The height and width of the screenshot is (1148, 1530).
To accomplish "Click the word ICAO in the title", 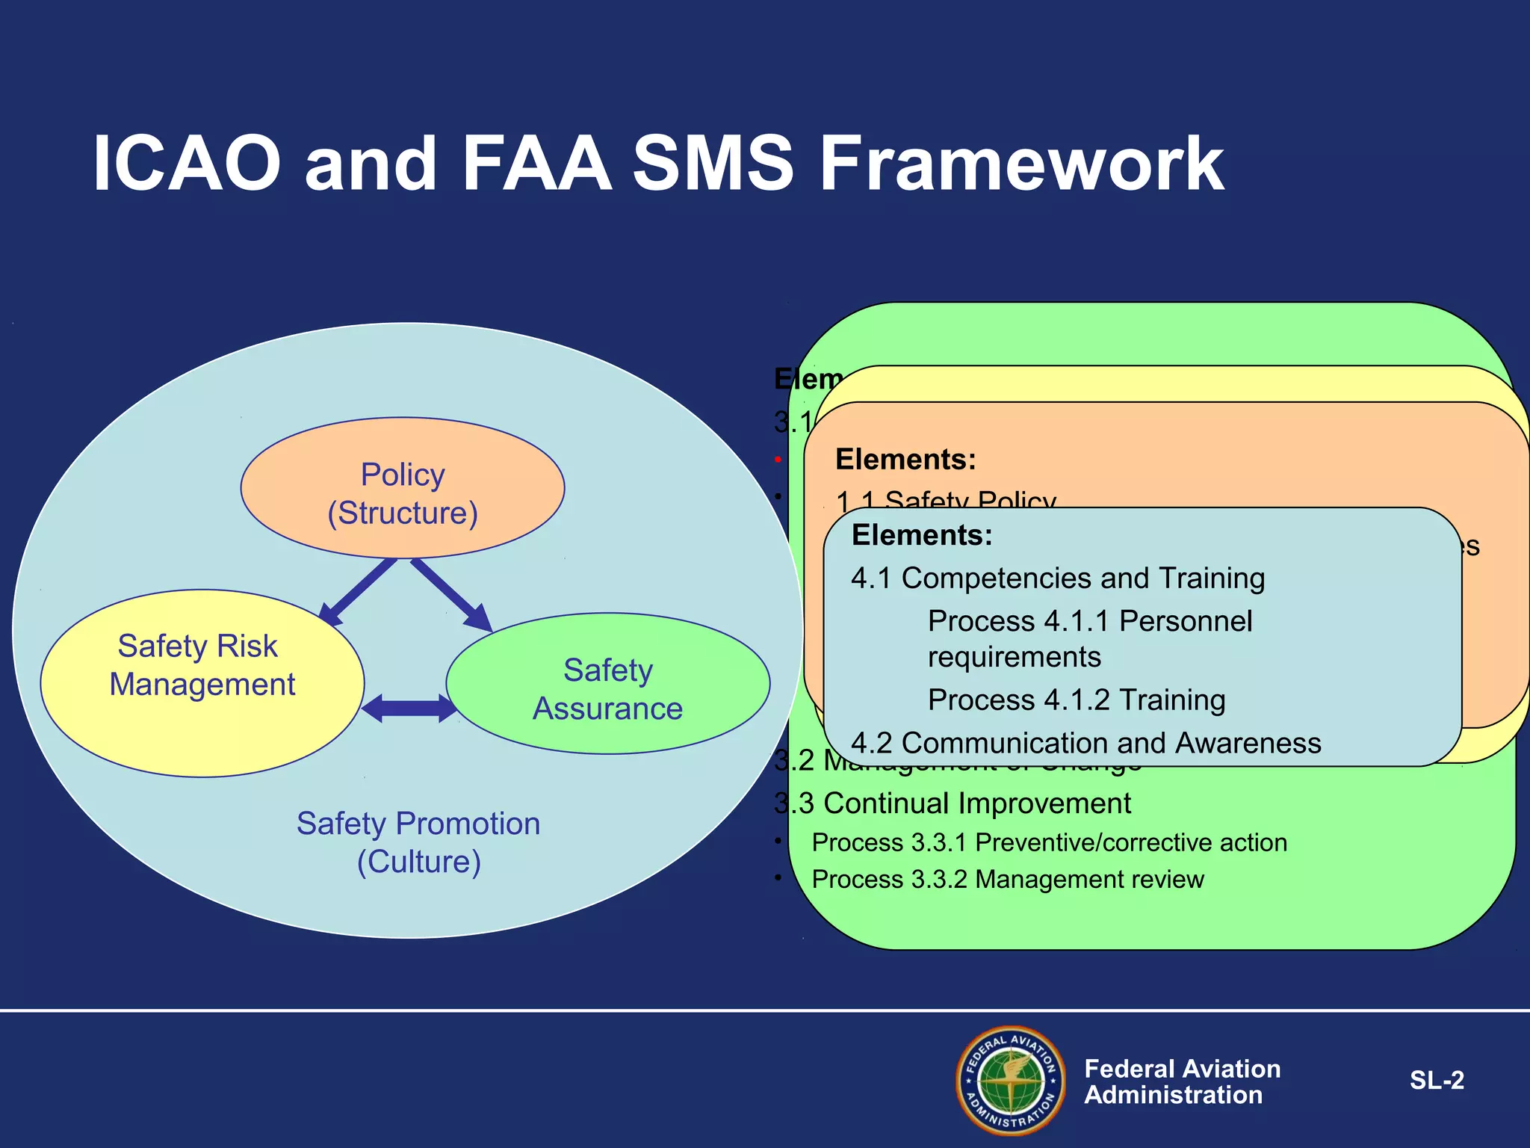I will [187, 164].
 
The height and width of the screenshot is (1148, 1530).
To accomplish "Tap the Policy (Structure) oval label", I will [403, 493].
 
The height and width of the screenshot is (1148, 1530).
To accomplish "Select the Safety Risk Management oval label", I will [202, 665].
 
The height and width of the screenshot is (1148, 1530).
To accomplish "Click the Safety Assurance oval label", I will [607, 689].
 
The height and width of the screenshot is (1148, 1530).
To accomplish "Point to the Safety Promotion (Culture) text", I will [418, 842].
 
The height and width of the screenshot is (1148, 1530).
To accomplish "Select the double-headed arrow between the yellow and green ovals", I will [409, 708].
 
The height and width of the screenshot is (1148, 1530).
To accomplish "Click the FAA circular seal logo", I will [1011, 1080].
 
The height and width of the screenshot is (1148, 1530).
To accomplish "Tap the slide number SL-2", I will [1436, 1080].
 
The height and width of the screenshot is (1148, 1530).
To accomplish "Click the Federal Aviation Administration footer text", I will [1182, 1081].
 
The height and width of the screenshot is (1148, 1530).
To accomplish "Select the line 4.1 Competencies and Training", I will [1057, 578].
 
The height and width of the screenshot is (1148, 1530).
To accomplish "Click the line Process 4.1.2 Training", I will [1076, 700].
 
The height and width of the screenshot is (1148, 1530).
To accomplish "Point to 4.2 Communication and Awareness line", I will [1085, 743].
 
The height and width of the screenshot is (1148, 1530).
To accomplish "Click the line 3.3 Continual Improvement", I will [964, 803].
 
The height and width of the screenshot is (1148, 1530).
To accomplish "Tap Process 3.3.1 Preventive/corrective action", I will [1049, 842].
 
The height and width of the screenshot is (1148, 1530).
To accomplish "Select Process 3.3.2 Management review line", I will [1007, 879].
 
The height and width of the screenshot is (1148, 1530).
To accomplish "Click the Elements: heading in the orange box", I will [905, 459].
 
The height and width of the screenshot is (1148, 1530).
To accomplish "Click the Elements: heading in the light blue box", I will [922, 535].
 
